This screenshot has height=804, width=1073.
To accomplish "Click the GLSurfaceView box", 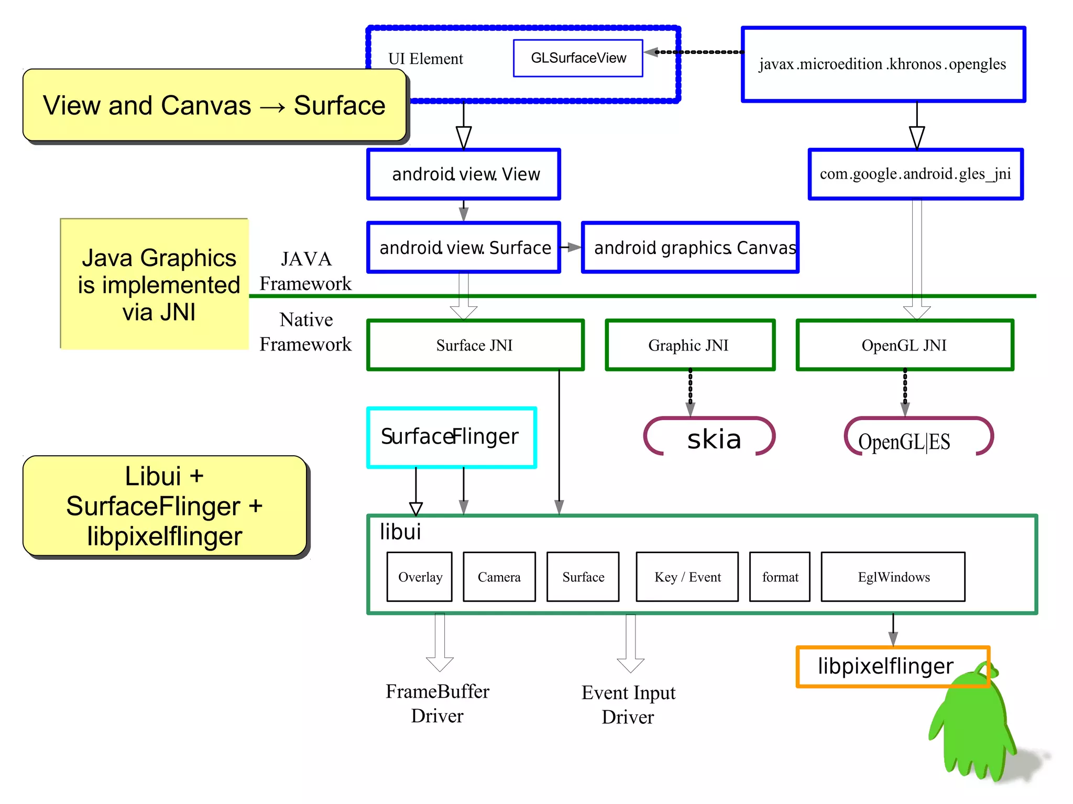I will click(578, 58).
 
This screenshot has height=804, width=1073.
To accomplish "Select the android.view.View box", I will click(464, 174).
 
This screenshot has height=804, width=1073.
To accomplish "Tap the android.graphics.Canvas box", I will click(690, 247).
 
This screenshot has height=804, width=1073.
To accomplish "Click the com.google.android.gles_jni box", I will click(915, 174).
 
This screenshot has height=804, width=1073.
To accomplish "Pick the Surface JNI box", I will click(475, 345).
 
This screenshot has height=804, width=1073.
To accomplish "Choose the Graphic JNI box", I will click(689, 345).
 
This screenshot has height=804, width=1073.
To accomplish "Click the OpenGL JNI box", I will click(904, 345).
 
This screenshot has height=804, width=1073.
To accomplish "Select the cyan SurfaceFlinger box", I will click(451, 437).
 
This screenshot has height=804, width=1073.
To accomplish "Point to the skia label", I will click(714, 439).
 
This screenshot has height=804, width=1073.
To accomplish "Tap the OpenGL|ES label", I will click(904, 442).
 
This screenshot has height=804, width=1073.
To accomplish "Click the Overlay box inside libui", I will click(420, 577).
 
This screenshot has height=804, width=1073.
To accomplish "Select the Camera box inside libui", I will click(499, 577).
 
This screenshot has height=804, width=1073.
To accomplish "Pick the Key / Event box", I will click(687, 577).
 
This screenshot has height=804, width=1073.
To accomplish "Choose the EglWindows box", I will click(893, 577).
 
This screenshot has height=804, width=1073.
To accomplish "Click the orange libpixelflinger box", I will click(885, 666).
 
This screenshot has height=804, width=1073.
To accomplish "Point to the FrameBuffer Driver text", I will click(437, 703).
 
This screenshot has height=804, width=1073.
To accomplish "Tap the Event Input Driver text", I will click(628, 704).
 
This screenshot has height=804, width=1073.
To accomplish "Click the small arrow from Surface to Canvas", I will click(571, 247).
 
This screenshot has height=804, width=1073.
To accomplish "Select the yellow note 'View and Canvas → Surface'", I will click(214, 105).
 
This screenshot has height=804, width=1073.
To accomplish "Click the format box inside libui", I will click(780, 577).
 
